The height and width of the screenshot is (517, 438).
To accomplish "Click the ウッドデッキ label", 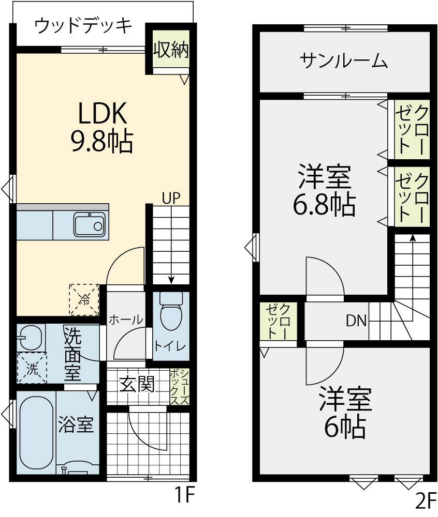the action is click(83, 26).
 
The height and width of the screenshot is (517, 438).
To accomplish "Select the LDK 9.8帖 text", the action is click(103, 127).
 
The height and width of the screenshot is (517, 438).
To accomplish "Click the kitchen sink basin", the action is click(90, 225).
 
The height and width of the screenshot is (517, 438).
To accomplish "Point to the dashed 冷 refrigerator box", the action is click(84, 299).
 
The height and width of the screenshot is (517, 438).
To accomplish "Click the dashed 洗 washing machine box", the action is click(32, 368).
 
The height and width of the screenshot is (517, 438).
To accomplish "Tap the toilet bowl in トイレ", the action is click(171, 311).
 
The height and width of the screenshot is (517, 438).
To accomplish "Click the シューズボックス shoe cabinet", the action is click(180, 387).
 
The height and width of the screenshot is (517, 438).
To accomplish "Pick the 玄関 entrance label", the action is click(137, 384).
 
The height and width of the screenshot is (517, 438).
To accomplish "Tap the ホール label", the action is click(126, 320).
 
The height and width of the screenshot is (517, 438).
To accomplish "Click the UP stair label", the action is click(171, 199).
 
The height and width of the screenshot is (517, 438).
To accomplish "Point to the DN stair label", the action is click(357, 321).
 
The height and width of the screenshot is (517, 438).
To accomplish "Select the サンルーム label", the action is click(344, 61).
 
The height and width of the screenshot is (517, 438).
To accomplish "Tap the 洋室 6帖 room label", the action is click(345, 413).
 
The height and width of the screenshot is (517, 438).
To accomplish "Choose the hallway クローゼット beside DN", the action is click(278, 321).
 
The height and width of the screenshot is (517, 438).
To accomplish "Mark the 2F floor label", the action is click(426, 501).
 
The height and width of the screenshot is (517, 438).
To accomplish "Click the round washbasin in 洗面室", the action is click(31, 338).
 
